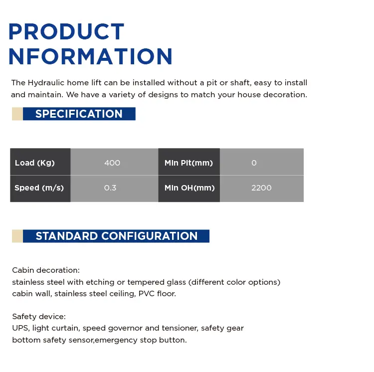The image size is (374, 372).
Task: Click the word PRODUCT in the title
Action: [66, 31]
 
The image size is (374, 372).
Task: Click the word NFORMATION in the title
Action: [90, 56]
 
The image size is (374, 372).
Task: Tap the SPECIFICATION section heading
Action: [79, 114]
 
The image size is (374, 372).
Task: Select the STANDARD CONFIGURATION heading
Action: [117, 236]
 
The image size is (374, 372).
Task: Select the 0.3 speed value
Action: [110, 188]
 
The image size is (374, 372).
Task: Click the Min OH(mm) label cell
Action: [189, 188]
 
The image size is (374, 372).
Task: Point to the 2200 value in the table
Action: [261, 188]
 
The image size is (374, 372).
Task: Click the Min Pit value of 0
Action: [254, 163]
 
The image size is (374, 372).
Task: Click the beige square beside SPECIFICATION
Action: [17, 114]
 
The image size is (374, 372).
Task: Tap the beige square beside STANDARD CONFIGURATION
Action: [17, 236]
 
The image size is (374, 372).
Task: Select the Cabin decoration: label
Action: [46, 270]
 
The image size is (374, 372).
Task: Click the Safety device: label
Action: [39, 317]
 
